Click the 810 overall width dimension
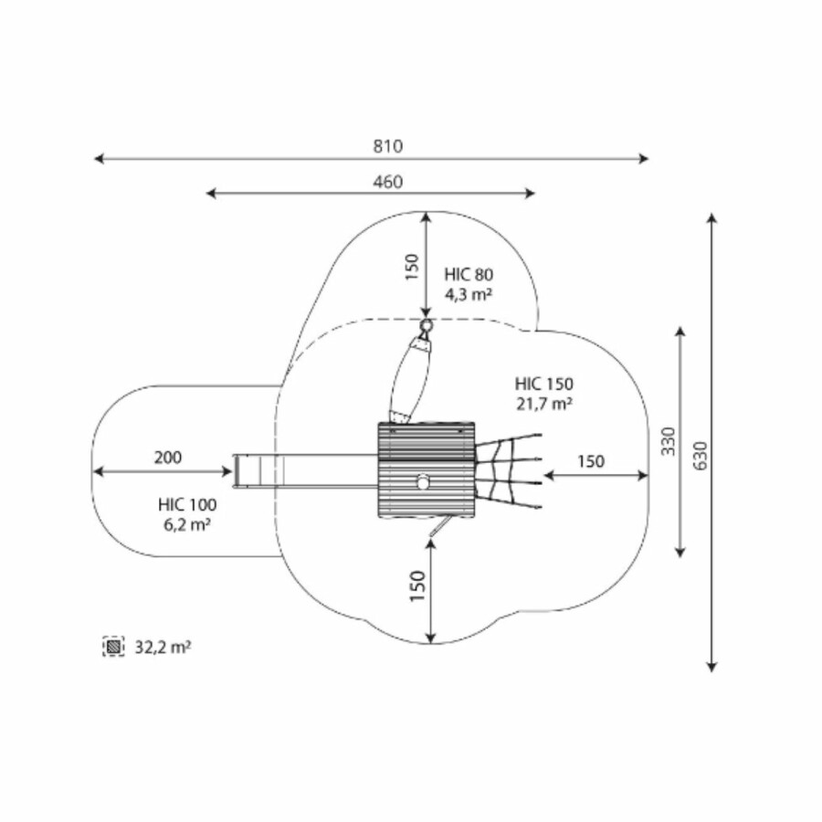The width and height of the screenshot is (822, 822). [388, 146]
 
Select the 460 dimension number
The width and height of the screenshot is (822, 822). [388, 182]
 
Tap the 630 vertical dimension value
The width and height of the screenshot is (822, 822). [701, 456]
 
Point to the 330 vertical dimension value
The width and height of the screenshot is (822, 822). [668, 441]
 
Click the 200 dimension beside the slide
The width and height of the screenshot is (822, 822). [168, 458]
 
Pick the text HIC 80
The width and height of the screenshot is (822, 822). [469, 274]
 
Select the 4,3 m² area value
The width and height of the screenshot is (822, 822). [469, 295]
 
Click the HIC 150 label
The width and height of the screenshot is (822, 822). [544, 384]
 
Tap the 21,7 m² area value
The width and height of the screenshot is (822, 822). [544, 405]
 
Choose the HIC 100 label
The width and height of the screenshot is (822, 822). [187, 505]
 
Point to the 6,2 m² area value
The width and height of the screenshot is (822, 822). [187, 525]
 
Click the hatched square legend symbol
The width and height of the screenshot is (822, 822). [114, 647]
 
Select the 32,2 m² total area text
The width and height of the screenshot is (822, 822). [163, 648]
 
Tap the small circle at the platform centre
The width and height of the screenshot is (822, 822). [423, 481]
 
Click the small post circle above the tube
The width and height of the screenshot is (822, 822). [427, 325]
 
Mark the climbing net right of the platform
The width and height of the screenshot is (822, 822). [508, 470]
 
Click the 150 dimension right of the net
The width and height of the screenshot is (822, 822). [591, 461]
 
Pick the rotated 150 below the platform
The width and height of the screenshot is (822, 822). [417, 586]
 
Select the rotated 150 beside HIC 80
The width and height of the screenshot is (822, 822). [413, 267]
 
